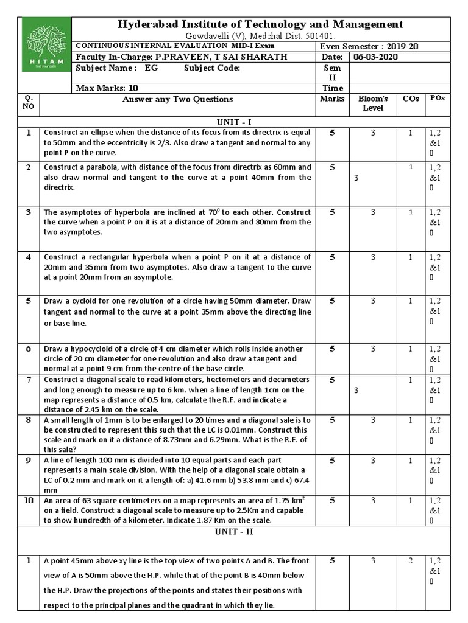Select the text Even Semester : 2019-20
pyautogui.click(x=369, y=47)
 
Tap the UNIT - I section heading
pyautogui.click(x=233, y=120)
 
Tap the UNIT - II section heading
pyautogui.click(x=233, y=531)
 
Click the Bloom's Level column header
pyautogui.click(x=373, y=103)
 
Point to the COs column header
pyautogui.click(x=411, y=99)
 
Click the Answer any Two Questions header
pyautogui.click(x=177, y=99)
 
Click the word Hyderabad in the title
pyautogui.click(x=149, y=24)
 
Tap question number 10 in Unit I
pyautogui.click(x=29, y=501)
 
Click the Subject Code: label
pyautogui.click(x=212, y=68)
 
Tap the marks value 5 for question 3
pyautogui.click(x=332, y=212)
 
